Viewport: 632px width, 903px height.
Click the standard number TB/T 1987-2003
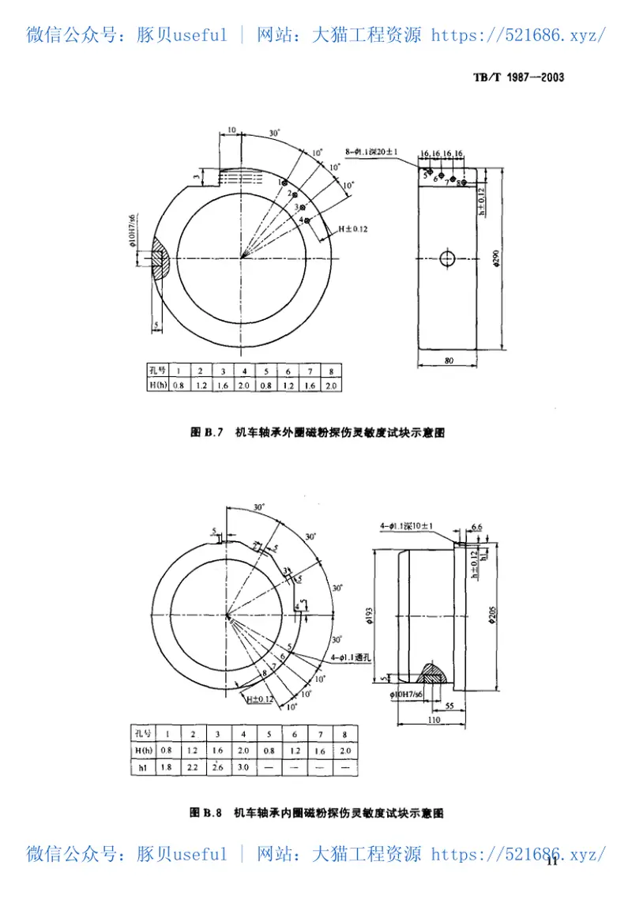coord(517,77)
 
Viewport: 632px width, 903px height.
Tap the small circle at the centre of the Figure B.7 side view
coord(447,258)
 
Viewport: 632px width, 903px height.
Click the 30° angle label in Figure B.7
coord(273,134)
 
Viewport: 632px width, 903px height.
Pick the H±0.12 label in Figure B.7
coord(353,228)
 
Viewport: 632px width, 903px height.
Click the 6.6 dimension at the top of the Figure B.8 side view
coord(476,526)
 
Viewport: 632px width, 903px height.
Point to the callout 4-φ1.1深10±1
coord(411,525)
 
